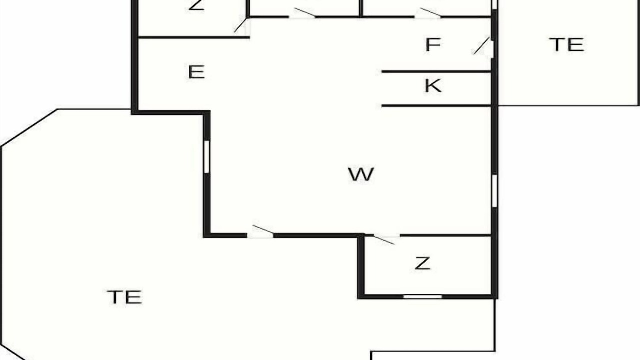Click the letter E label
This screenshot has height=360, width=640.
(x=196, y=72)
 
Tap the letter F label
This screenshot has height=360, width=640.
(x=433, y=45)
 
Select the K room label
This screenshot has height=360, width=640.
(x=433, y=85)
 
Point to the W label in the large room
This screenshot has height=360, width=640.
(x=361, y=174)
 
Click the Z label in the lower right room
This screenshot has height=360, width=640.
(x=422, y=263)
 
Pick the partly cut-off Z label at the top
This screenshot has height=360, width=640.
(x=196, y=5)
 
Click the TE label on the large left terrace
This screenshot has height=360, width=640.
(x=124, y=297)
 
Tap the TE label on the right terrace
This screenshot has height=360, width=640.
(x=567, y=45)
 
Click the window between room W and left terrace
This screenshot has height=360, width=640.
(x=207, y=157)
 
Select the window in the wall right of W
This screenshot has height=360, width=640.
(x=495, y=191)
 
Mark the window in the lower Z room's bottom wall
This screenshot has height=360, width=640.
(x=423, y=297)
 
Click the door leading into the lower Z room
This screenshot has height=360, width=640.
(x=384, y=239)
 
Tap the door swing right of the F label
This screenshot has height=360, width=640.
(x=481, y=46)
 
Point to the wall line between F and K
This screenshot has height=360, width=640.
(x=436, y=71)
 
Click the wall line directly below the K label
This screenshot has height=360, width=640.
(x=436, y=106)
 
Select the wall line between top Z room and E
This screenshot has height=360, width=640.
(x=194, y=37)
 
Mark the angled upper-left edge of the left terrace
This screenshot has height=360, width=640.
(x=29, y=128)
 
